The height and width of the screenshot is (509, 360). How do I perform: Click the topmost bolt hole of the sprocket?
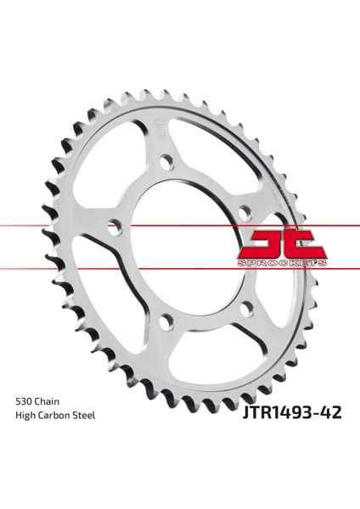coord(167,162)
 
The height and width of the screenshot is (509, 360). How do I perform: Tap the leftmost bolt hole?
coord(115,226)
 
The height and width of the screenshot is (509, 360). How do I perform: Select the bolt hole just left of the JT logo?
coord(245,212)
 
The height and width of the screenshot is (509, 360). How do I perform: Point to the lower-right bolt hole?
coord(248,310)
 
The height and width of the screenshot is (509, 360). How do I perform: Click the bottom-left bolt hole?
coord(167,321)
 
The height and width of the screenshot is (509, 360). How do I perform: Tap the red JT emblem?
coord(282,244)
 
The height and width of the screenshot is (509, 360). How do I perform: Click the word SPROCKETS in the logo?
coord(282,263)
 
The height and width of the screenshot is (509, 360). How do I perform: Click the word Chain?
coord(47,401)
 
